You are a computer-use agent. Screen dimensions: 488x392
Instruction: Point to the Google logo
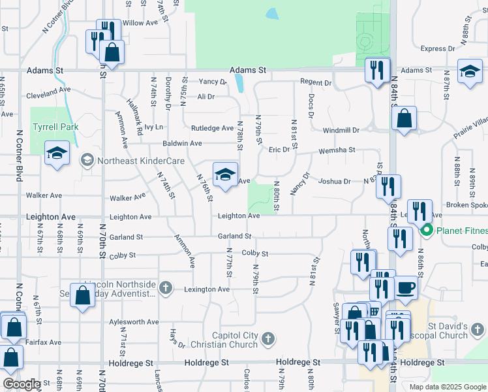coord(21,384)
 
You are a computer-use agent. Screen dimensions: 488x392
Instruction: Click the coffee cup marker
coord(406,287)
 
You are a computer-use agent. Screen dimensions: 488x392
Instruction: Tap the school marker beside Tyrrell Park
coord(57,154)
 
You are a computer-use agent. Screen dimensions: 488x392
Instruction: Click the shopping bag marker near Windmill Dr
coord(404,119)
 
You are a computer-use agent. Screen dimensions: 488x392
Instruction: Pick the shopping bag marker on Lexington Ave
coord(84,295)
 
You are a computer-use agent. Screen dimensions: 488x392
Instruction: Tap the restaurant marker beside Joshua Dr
coord(388,186)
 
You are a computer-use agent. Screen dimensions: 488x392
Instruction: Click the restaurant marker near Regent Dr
coord(376,70)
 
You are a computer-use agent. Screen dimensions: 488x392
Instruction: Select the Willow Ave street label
coord(141,23)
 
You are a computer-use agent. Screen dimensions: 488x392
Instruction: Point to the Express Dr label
coord(438,49)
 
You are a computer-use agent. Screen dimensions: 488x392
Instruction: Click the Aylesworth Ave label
coord(134,322)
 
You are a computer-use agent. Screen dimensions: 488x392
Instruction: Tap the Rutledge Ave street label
coord(212,128)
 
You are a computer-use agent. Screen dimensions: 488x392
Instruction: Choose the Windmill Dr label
coord(341,131)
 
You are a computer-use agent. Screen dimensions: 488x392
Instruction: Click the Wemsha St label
coord(337,150)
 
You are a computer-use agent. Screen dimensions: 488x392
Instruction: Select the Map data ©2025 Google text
coord(447,386)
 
